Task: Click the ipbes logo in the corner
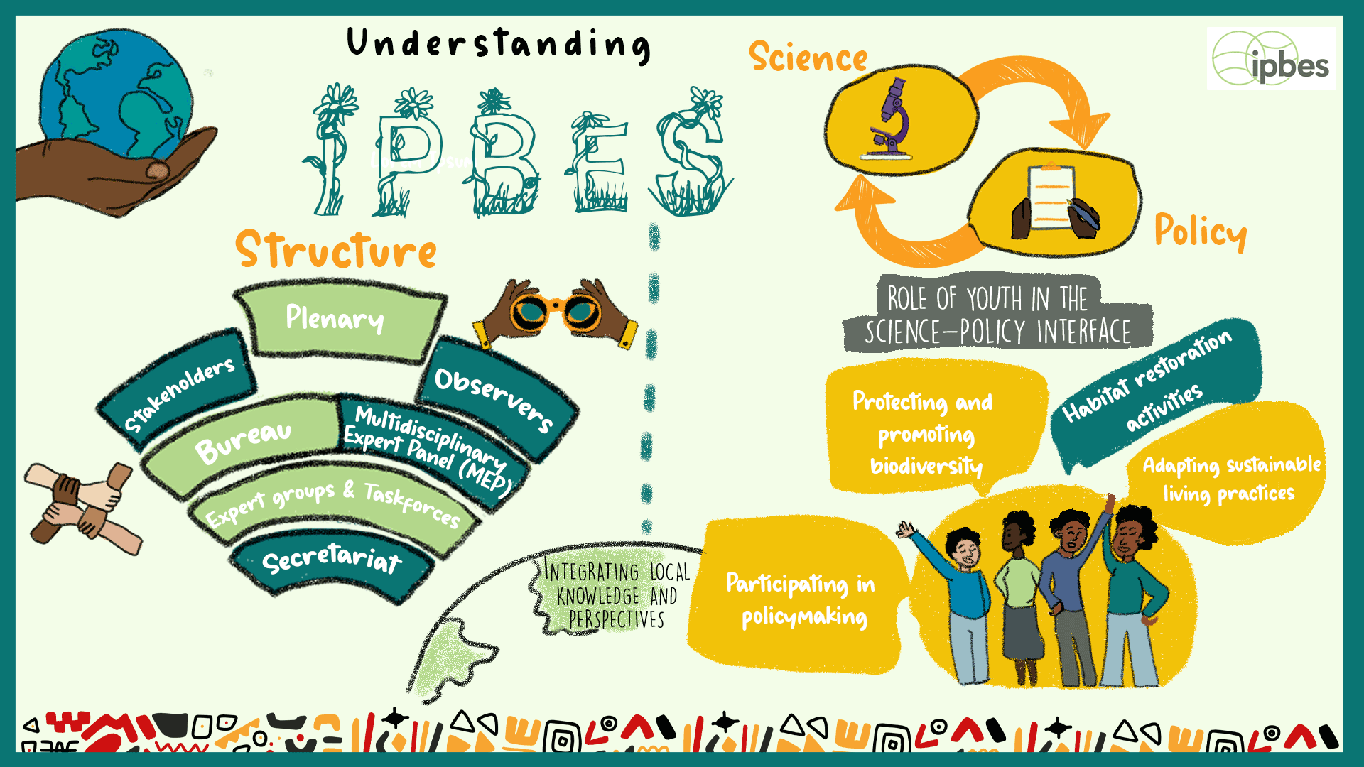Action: point(1271,59)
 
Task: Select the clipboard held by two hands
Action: point(1051,199)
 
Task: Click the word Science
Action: point(808,57)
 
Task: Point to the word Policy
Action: point(1200,232)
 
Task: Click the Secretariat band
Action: point(332,561)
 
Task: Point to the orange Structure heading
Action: point(336,250)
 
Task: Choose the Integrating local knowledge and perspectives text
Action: point(615,595)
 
